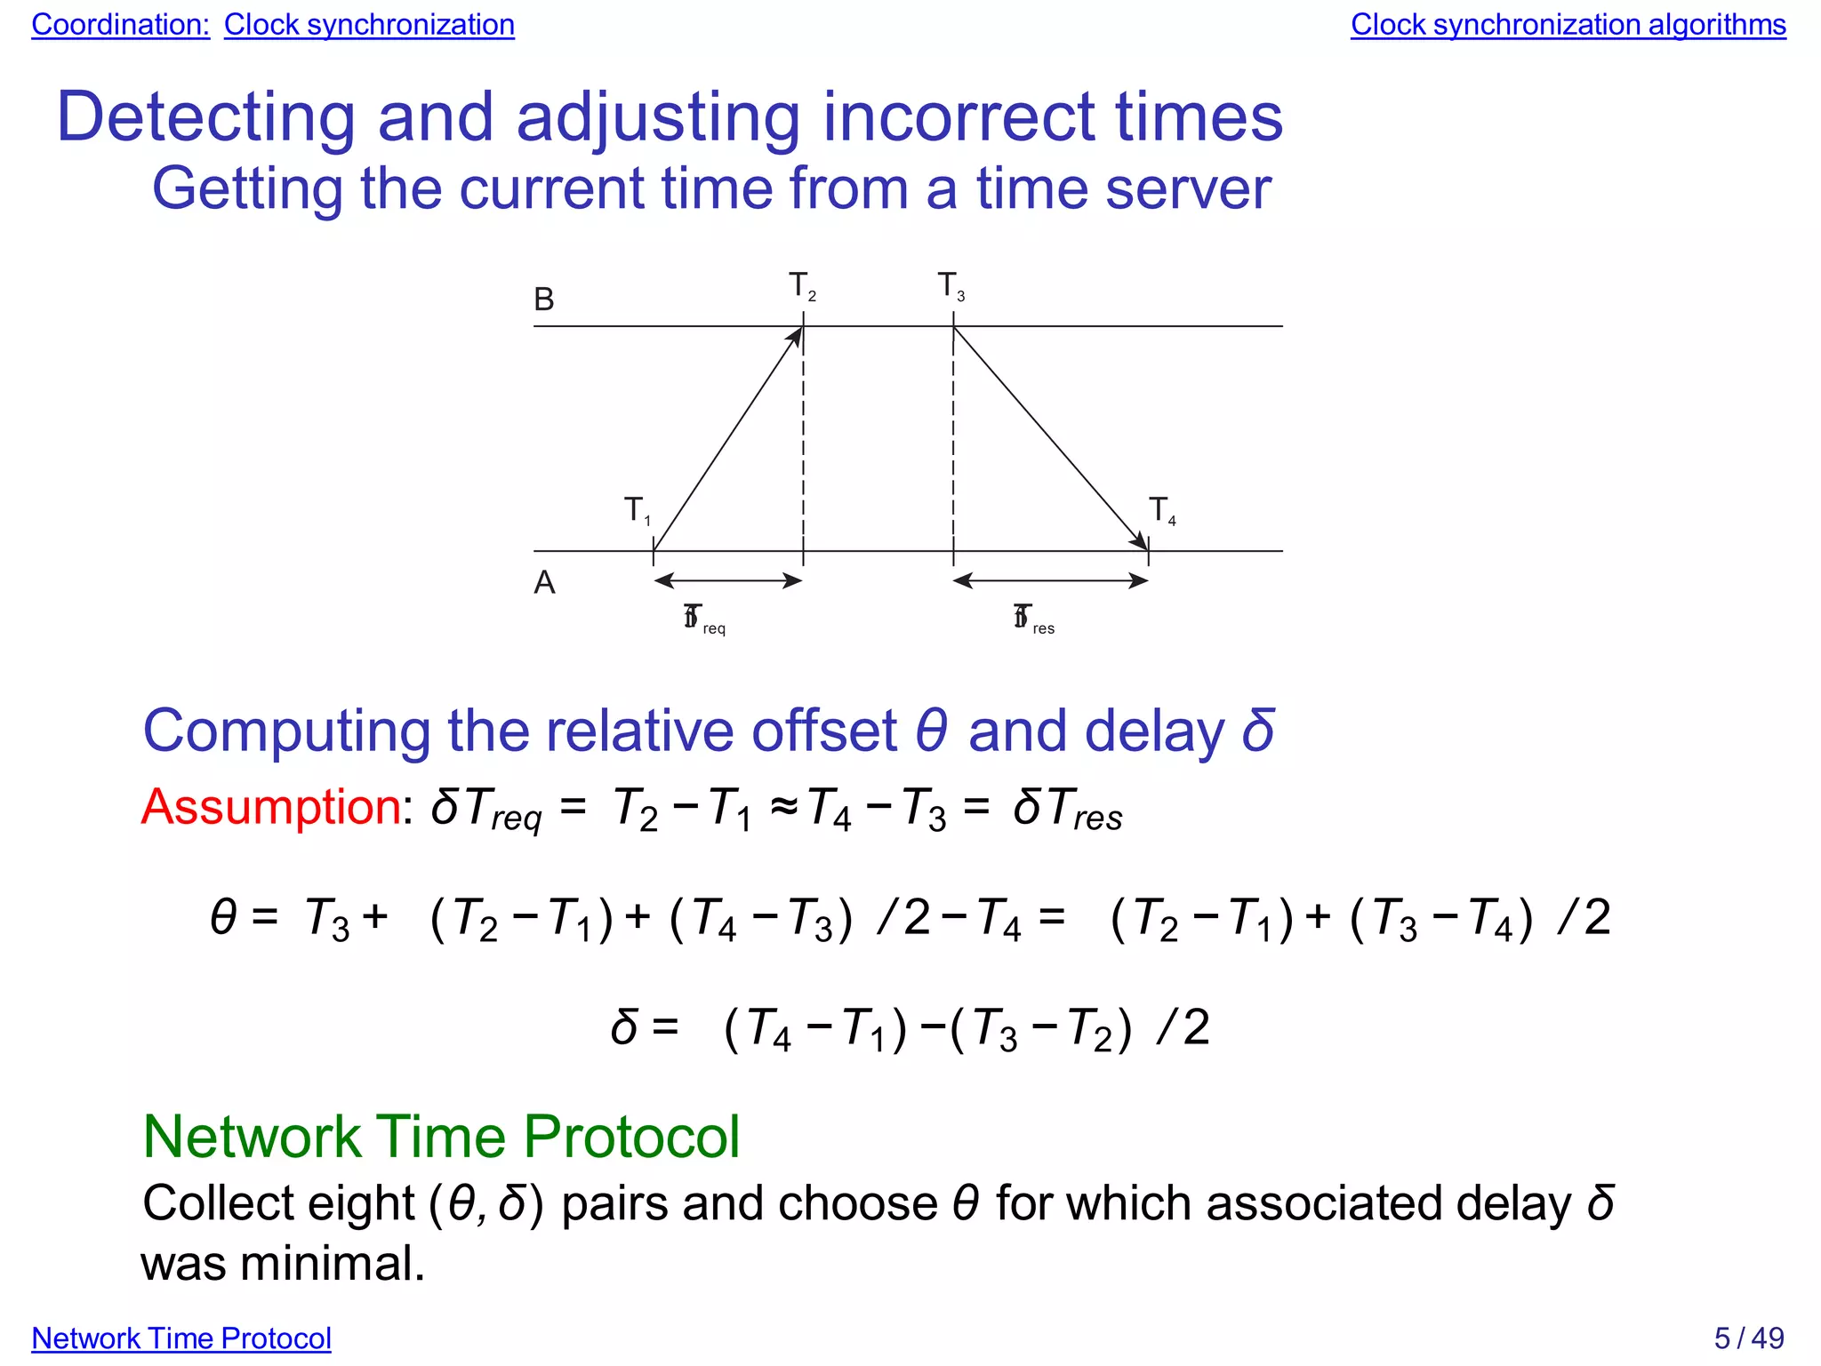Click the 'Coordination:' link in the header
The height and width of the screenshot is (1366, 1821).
[120, 25]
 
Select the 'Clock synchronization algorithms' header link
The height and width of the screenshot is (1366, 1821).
[1568, 25]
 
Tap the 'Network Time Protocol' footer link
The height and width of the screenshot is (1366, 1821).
[181, 1338]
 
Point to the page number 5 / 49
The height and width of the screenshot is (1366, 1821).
[1748, 1338]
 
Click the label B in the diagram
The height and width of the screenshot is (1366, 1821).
[544, 300]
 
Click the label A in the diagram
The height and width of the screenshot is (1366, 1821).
[544, 583]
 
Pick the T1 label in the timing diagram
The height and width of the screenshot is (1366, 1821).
[637, 510]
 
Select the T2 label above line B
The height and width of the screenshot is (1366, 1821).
[801, 286]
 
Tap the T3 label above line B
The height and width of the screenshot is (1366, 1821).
[951, 286]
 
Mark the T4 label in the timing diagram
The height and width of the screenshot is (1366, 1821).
[1161, 510]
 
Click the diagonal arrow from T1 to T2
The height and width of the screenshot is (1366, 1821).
[728, 439]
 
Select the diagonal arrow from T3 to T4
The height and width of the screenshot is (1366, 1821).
[1050, 439]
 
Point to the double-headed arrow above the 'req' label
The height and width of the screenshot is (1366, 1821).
[728, 581]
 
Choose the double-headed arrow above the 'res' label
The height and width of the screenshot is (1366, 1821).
[1050, 581]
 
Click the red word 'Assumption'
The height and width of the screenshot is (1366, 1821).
[271, 807]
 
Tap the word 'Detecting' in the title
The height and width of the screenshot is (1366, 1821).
[205, 117]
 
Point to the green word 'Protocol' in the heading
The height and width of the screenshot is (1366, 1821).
[630, 1137]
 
